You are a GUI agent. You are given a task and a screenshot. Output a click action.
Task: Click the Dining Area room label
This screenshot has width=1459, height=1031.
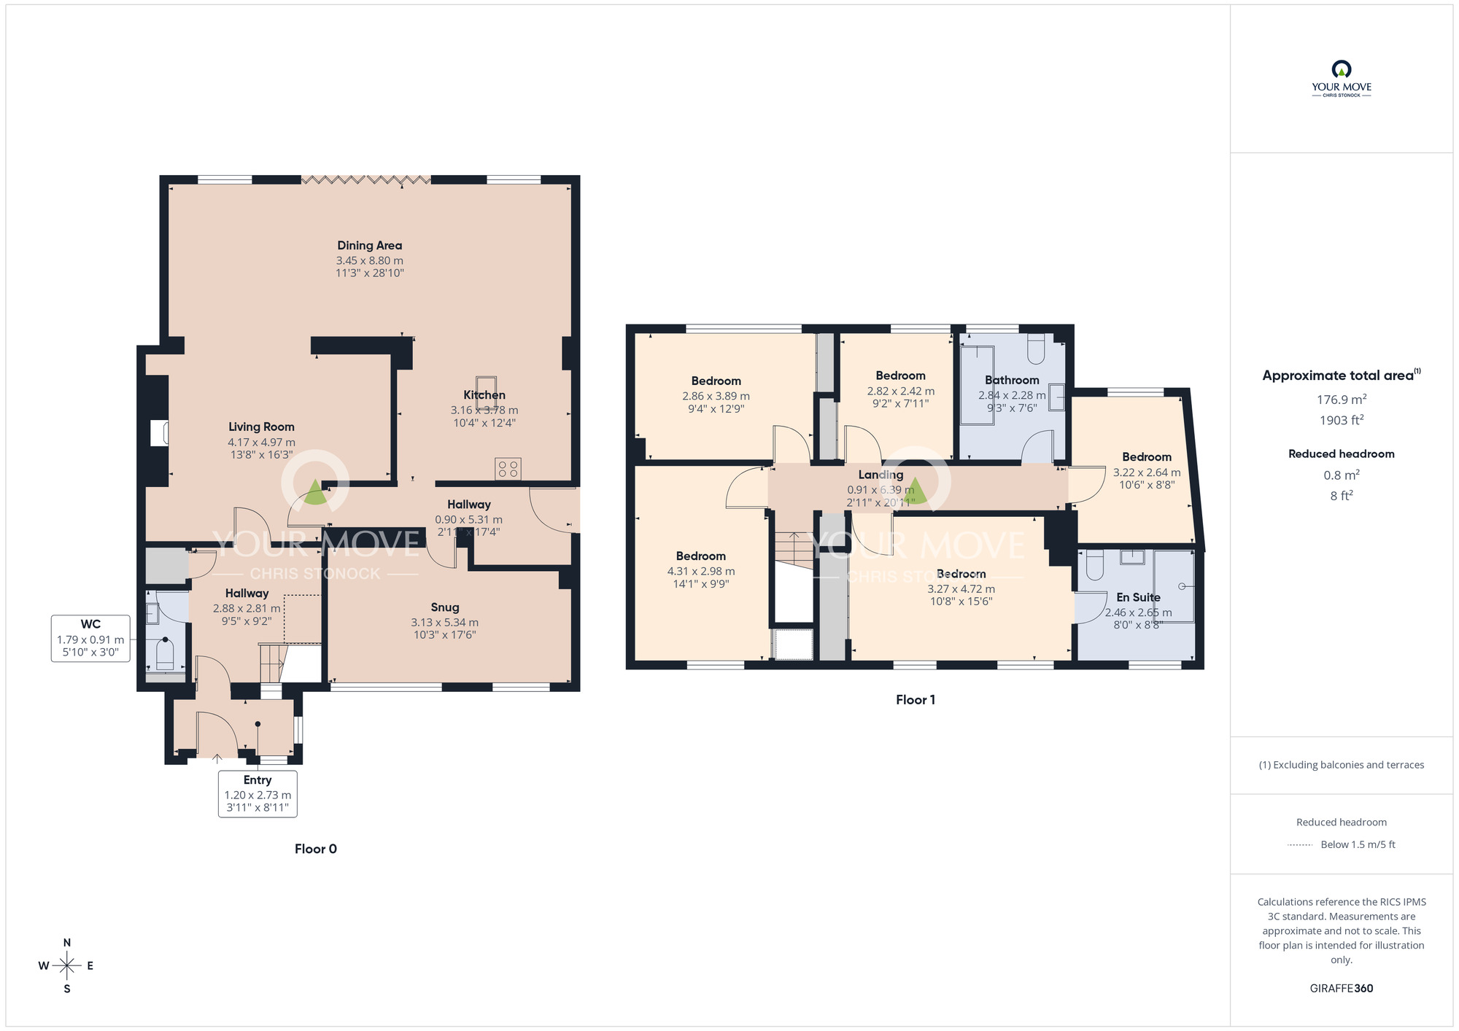click(x=369, y=246)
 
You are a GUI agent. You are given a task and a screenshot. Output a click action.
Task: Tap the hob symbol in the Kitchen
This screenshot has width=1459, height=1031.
click(x=508, y=469)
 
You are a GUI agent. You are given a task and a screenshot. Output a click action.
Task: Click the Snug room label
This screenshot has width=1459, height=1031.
click(x=444, y=607)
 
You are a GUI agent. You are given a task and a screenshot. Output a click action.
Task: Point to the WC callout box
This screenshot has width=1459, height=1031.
click(x=90, y=638)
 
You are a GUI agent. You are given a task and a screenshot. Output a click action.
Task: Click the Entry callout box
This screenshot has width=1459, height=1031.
click(x=258, y=793)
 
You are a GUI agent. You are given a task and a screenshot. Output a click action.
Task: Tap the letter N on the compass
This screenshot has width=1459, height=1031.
click(x=67, y=943)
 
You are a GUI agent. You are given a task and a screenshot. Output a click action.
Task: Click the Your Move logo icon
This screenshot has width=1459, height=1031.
click(x=1341, y=70)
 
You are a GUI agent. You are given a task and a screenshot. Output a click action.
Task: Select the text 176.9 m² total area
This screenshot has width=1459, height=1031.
click(x=1341, y=400)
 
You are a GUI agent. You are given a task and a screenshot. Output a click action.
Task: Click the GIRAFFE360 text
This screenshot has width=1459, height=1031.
click(x=1341, y=989)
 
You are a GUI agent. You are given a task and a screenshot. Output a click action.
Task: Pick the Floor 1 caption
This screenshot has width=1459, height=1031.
click(x=915, y=700)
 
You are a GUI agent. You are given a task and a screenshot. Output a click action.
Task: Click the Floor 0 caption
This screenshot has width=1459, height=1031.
click(x=315, y=849)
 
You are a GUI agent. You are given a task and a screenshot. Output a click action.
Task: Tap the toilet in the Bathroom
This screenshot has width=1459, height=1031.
click(x=1036, y=350)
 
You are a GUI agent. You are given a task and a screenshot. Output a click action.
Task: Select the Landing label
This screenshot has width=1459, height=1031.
click(x=881, y=475)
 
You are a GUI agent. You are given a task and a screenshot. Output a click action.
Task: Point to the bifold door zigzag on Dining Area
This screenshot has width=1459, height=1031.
click(x=365, y=179)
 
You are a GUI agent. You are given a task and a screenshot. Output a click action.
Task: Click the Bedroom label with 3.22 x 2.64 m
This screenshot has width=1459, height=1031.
click(x=1146, y=457)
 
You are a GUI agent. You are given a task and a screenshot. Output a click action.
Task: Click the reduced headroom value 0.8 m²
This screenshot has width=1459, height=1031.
click(x=1341, y=475)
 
